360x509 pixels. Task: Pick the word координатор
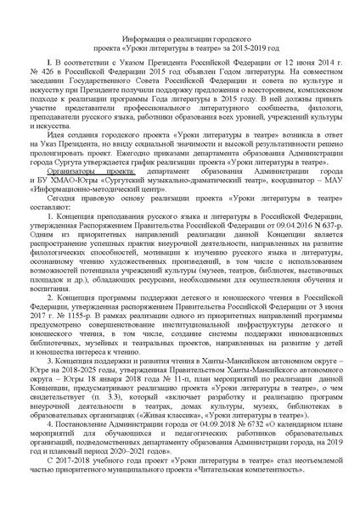point(253,203)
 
